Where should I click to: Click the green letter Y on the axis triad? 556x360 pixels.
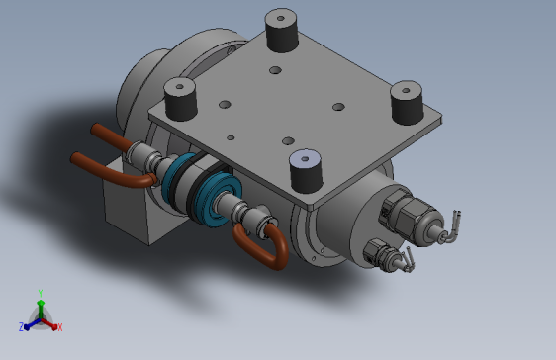click(x=41, y=293)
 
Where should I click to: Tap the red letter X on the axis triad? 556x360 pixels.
click(x=59, y=327)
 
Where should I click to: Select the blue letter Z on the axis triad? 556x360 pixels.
click(x=21, y=327)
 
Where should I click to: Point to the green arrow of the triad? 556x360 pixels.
click(x=41, y=309)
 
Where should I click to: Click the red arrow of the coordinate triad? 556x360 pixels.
click(x=49, y=323)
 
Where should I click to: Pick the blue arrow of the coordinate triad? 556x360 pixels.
click(x=33, y=323)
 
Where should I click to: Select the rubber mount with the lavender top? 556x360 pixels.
click(x=306, y=171)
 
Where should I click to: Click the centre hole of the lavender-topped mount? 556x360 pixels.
click(x=305, y=159)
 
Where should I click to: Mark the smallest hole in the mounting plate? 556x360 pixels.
click(x=231, y=137)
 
